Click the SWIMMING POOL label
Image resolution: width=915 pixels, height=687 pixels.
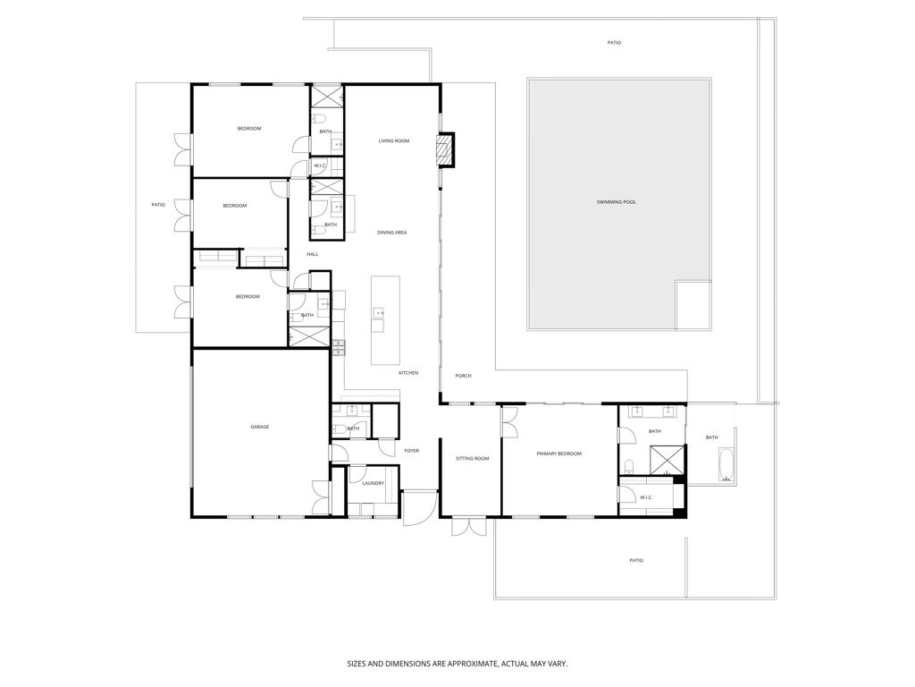click(617, 202)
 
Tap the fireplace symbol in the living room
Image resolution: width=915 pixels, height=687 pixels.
click(445, 149)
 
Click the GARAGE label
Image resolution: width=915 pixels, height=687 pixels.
click(260, 427)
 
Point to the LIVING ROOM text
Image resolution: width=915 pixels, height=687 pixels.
click(394, 140)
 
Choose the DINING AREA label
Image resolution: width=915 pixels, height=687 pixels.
click(392, 233)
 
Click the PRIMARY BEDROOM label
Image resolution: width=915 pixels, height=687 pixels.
click(558, 454)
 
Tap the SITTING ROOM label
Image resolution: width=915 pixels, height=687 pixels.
click(472, 458)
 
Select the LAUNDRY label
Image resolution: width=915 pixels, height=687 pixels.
click(374, 483)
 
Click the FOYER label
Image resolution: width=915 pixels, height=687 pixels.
click(411, 451)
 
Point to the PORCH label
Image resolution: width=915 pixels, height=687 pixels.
click(463, 376)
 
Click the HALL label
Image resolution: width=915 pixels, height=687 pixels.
click(313, 254)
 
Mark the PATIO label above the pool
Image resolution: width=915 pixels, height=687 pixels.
click(614, 42)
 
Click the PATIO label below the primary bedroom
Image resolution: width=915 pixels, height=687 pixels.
click(635, 560)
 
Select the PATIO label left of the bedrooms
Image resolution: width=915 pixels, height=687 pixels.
click(158, 205)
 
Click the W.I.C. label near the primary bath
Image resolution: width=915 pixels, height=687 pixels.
click(647, 497)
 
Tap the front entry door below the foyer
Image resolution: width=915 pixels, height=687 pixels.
click(414, 510)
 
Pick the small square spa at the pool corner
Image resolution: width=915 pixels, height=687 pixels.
click(693, 305)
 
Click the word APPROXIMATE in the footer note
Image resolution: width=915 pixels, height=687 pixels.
click(476, 664)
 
